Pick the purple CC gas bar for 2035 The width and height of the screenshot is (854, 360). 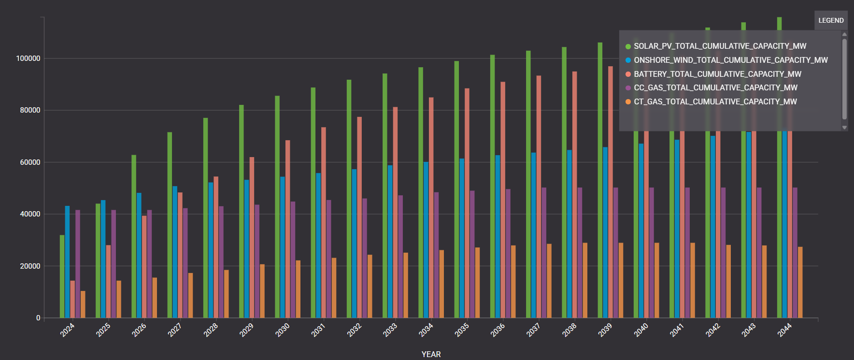pyautogui.click(x=472, y=254)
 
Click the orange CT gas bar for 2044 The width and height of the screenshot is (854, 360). pyautogui.click(x=800, y=282)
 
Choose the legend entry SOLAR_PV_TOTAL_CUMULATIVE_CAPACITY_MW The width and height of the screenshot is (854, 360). pyautogui.click(x=720, y=46)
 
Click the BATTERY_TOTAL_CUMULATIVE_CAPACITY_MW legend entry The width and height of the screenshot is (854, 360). pyautogui.click(x=717, y=74)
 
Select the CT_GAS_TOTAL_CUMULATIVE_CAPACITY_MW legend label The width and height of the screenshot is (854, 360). pyautogui.click(x=715, y=101)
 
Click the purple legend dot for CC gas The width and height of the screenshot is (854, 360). pyautogui.click(x=628, y=88)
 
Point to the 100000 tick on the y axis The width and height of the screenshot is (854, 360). pyautogui.click(x=28, y=58)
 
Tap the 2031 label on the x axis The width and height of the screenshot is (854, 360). pyautogui.click(x=318, y=330)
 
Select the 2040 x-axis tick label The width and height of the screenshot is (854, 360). pyautogui.click(x=640, y=330)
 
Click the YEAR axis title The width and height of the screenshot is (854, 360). pyautogui.click(x=431, y=354)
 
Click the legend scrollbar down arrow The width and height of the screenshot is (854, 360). pyautogui.click(x=844, y=128)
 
